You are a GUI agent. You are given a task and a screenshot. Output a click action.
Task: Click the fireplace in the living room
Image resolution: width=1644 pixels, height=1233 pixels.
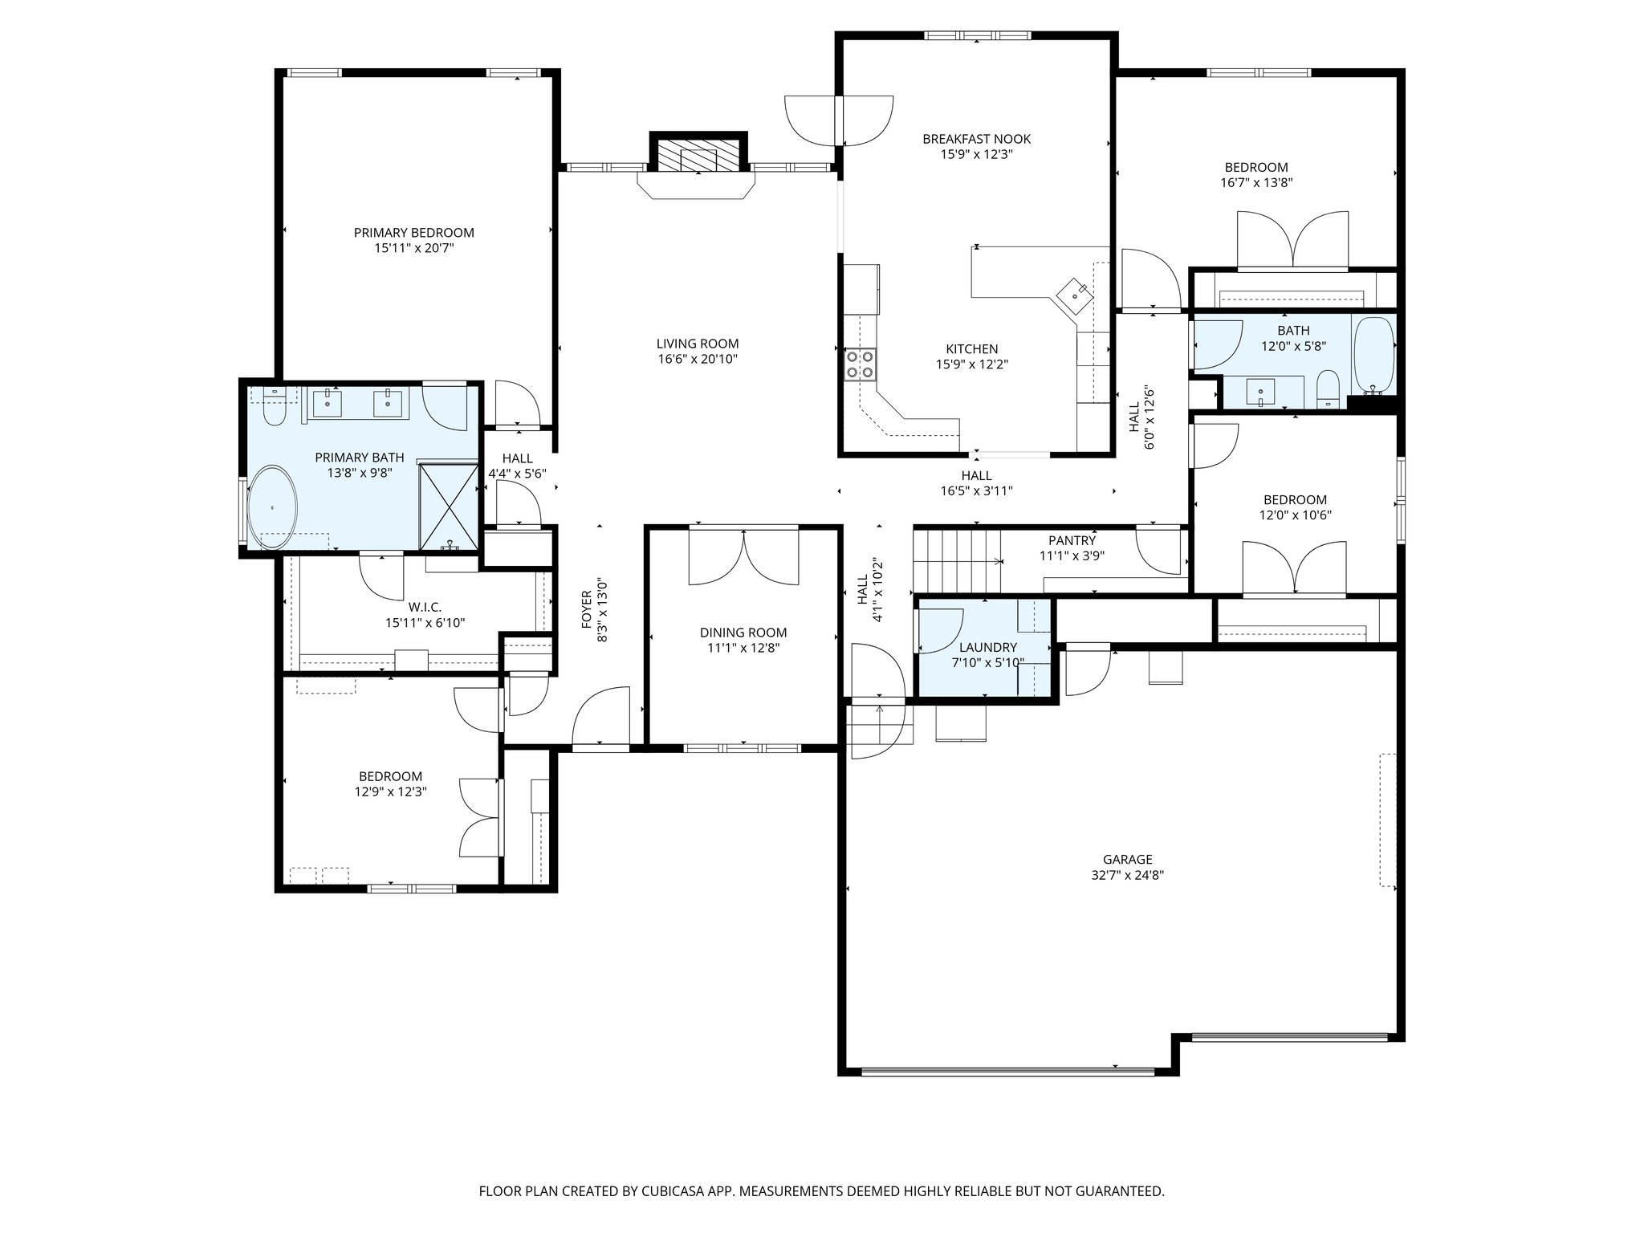pos(698,154)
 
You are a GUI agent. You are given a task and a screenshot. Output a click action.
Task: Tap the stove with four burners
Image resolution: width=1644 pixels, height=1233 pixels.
pos(861,364)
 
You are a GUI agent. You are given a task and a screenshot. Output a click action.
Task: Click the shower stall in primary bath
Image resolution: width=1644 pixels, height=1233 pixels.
pos(449,506)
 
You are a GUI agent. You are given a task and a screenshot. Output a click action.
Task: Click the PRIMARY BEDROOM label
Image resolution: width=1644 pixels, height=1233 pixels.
pos(413,233)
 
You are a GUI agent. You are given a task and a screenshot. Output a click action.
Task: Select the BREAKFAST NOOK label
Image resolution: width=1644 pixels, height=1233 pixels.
pos(976,139)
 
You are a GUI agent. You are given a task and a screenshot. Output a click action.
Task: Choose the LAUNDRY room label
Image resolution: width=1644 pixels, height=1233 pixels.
pos(987,647)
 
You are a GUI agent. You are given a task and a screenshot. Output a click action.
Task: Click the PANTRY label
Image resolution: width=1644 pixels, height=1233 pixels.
pos(1072,540)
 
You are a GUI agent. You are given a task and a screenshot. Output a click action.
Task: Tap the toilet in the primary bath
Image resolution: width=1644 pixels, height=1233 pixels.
pos(275,409)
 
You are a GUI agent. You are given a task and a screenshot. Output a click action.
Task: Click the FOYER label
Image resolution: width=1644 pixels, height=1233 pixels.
pos(586,609)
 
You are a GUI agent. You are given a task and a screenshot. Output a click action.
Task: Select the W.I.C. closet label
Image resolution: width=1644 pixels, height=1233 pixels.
pos(425,607)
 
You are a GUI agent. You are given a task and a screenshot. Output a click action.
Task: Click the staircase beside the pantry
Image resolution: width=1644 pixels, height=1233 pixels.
pos(957,560)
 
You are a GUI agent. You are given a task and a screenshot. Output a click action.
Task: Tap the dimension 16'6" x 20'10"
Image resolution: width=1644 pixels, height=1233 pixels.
pos(697,359)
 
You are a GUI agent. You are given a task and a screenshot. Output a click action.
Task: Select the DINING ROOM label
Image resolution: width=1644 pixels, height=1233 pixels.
pos(743,633)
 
